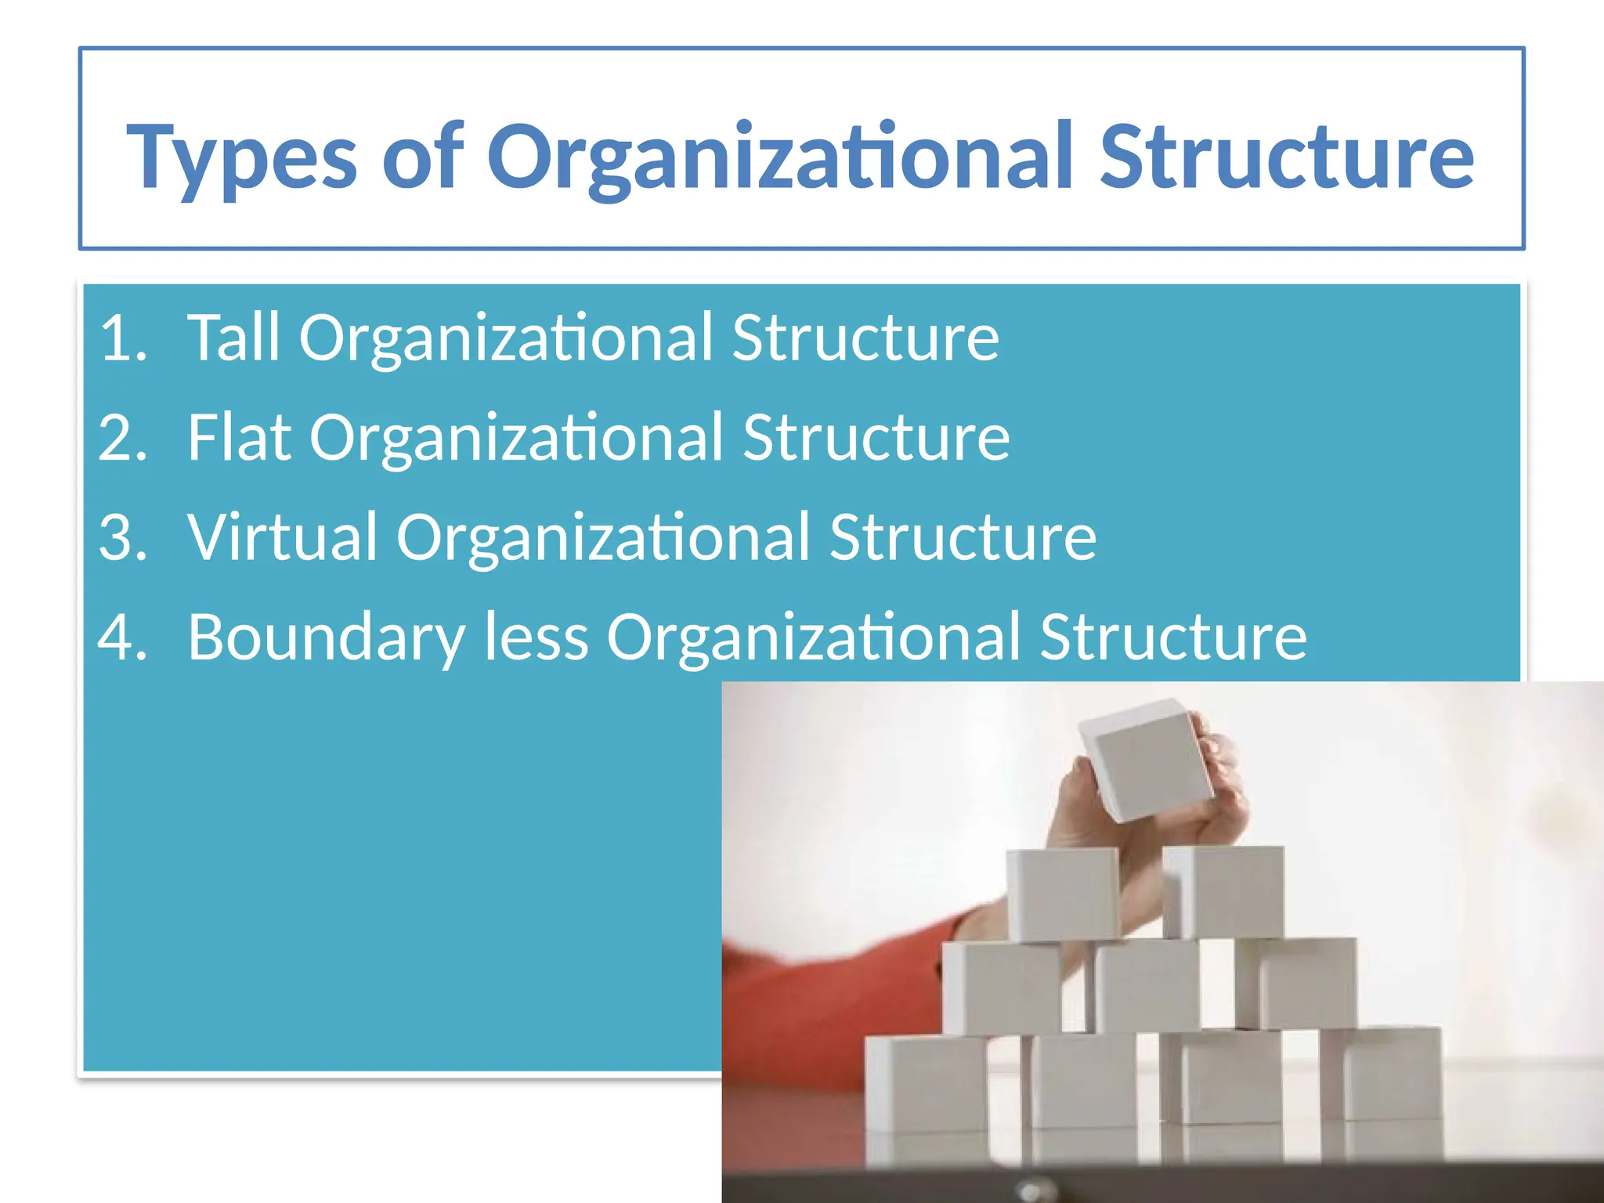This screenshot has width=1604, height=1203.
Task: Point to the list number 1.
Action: (x=122, y=338)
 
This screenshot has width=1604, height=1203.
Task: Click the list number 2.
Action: (x=122, y=438)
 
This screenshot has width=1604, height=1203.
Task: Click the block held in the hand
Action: (x=1147, y=760)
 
